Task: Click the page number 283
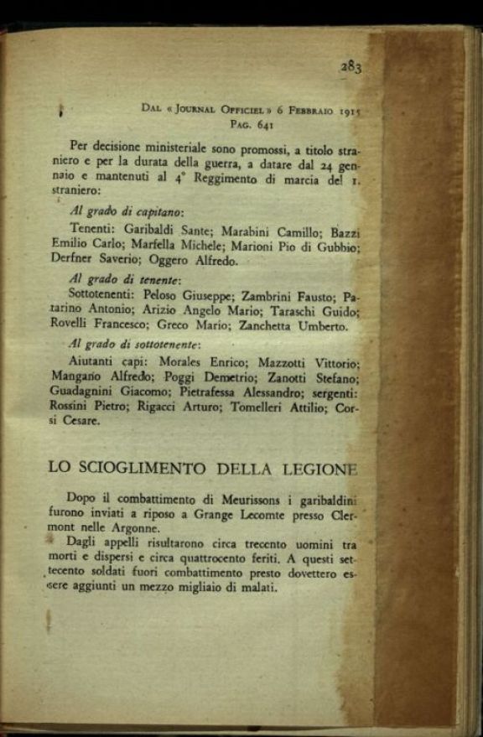(350, 67)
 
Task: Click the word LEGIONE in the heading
(320, 468)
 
